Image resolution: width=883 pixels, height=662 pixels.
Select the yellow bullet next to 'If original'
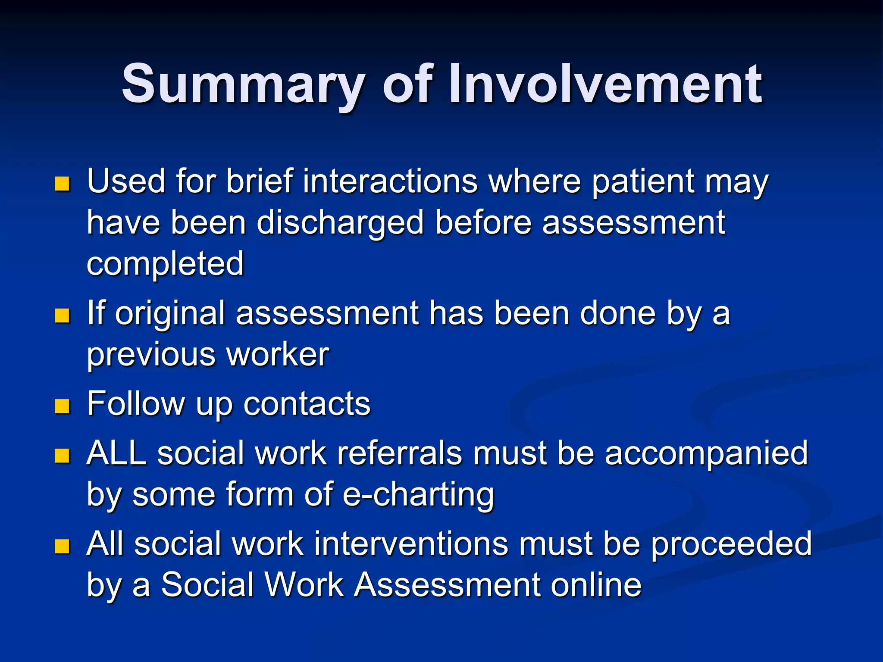(63, 315)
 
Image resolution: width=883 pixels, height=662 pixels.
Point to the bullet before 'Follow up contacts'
(63, 406)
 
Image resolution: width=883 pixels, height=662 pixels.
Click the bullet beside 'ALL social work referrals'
(63, 456)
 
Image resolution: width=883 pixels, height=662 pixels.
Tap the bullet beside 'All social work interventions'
(63, 546)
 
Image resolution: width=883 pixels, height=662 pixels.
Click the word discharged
(340, 223)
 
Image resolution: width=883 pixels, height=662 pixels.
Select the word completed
(165, 264)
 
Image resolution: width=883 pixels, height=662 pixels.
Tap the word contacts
(307, 404)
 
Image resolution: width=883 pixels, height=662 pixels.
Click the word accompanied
(706, 453)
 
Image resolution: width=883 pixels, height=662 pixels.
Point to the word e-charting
(418, 495)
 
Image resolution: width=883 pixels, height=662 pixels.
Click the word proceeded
(731, 544)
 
